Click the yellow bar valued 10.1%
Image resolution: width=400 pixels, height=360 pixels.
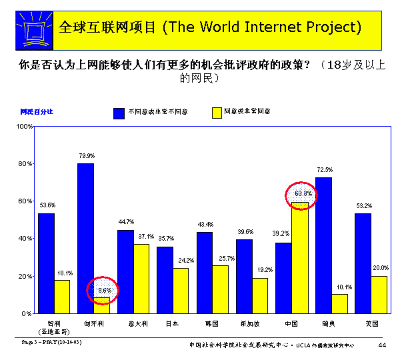(339, 303)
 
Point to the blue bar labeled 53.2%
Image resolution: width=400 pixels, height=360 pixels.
(363, 263)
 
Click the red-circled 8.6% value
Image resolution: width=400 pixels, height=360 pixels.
(102, 291)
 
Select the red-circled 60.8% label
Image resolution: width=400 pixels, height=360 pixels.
(301, 194)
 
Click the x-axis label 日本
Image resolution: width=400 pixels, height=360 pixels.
(172, 323)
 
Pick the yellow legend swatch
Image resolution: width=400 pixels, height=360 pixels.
(216, 112)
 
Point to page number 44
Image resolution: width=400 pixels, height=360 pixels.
(382, 345)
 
